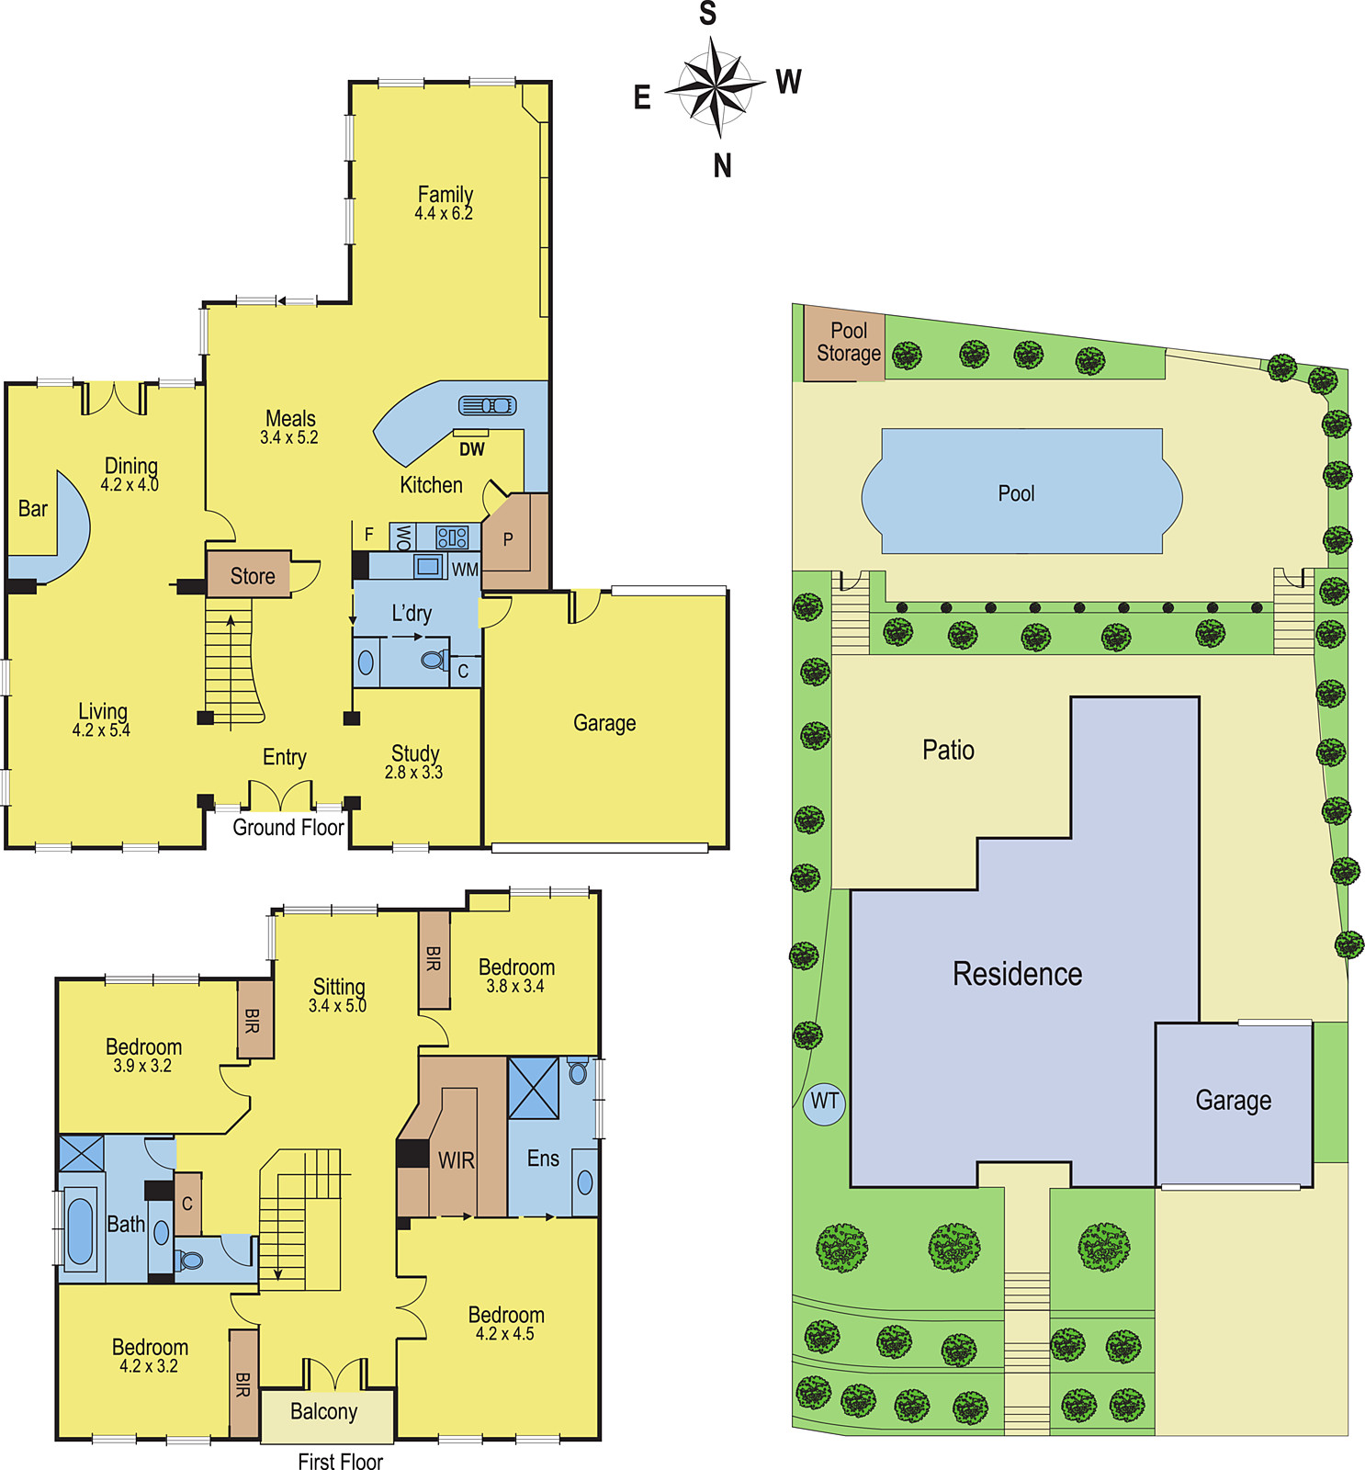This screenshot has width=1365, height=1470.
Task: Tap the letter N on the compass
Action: click(x=723, y=166)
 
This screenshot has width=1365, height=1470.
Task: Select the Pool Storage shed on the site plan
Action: click(x=844, y=343)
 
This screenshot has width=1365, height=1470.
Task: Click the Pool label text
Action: click(x=1016, y=493)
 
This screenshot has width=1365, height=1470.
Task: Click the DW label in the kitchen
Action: click(x=472, y=449)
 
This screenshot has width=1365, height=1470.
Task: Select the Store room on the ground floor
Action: click(x=249, y=575)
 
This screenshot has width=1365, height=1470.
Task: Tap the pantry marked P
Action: click(x=514, y=542)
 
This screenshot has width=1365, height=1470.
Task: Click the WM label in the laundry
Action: click(x=465, y=570)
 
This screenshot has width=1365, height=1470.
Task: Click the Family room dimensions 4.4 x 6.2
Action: click(x=444, y=214)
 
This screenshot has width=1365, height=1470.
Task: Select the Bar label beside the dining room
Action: click(x=33, y=509)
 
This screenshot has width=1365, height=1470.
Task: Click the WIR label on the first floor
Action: click(x=456, y=1160)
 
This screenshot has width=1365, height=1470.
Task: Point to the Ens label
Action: click(x=543, y=1159)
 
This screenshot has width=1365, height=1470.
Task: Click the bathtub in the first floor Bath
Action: click(x=80, y=1229)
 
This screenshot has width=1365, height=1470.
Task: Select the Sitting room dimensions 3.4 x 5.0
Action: click(x=337, y=1006)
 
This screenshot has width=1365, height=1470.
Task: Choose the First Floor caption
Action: click(x=340, y=1461)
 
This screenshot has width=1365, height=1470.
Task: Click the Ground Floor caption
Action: click(x=288, y=827)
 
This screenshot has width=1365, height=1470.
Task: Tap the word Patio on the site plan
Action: click(x=948, y=751)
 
